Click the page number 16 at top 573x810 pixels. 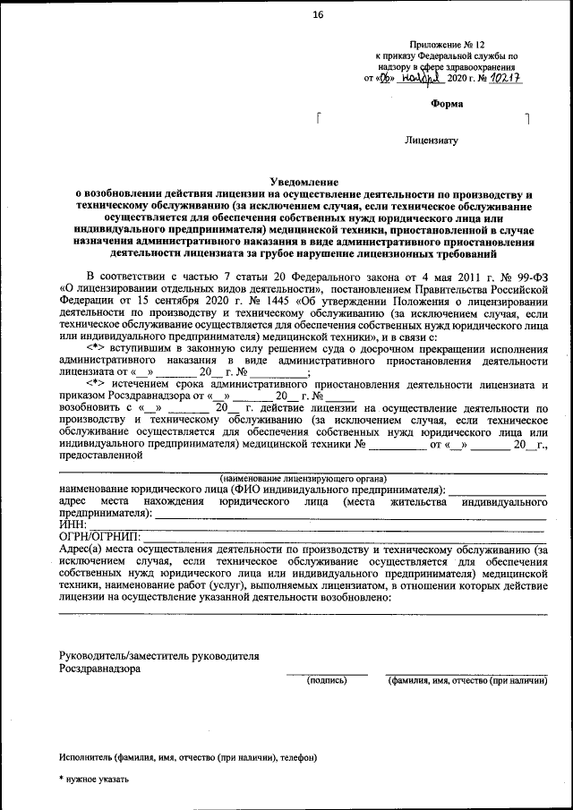317,14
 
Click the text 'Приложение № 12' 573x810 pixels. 447,44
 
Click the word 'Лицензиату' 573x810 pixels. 432,141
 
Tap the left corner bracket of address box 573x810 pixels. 319,118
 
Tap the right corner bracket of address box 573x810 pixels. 527,118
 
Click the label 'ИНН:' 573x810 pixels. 73,524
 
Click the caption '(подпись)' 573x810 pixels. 327,681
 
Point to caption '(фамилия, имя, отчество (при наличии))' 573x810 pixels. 466,681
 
